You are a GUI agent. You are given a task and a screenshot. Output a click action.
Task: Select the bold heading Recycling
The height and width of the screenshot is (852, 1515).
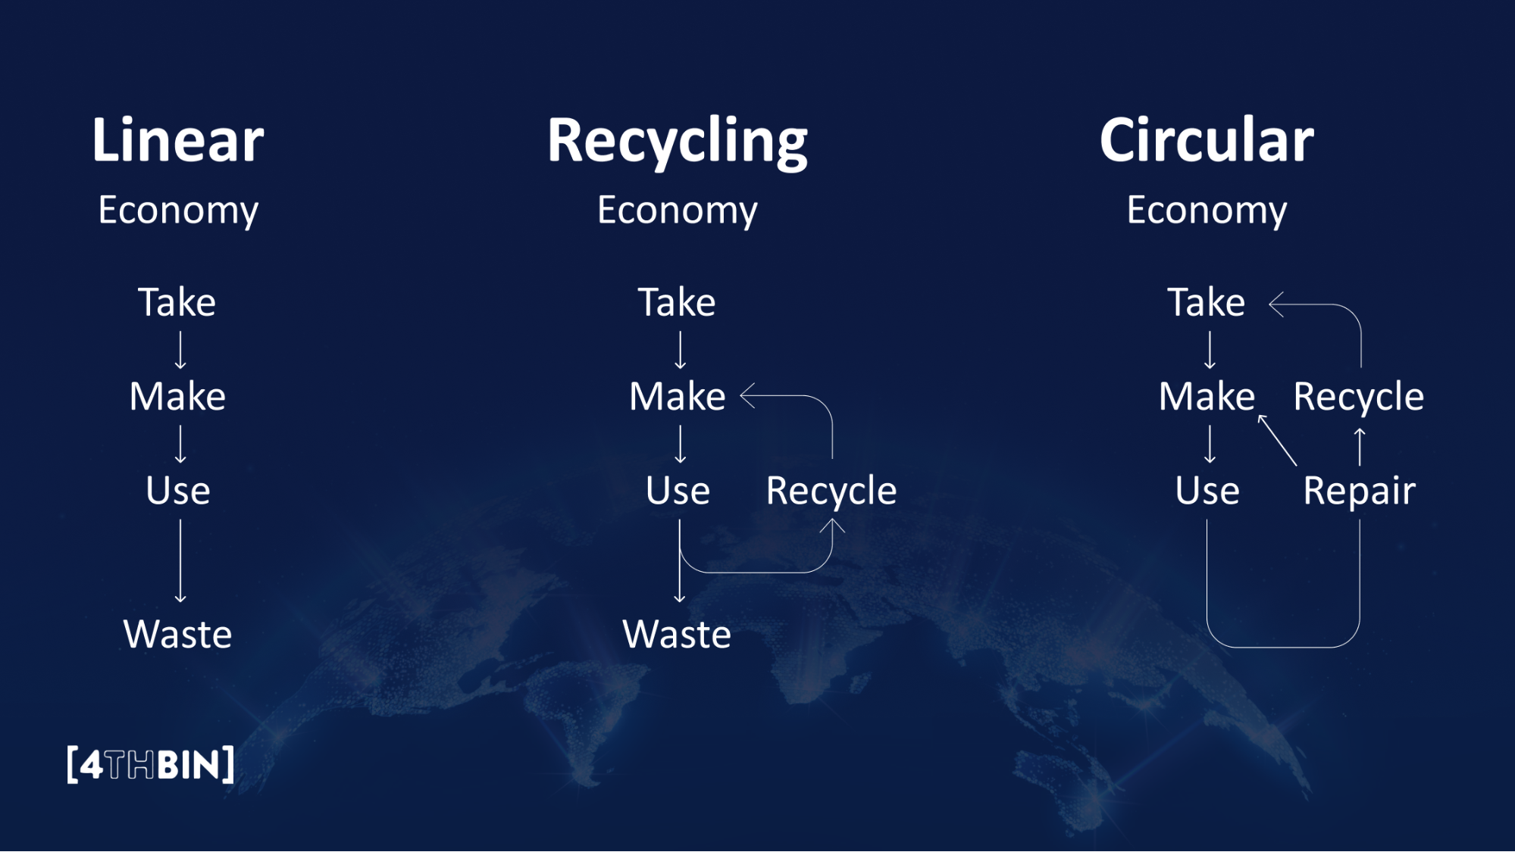tap(678, 142)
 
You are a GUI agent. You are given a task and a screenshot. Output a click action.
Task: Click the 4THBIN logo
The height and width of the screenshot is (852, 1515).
tap(151, 765)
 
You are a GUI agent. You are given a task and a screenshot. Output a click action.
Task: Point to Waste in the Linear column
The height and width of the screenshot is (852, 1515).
tap(178, 634)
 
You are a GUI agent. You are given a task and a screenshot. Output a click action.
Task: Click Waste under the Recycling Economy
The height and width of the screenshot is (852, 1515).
tap(677, 634)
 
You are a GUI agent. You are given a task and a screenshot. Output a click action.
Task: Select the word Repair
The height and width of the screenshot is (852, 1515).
tap(1359, 492)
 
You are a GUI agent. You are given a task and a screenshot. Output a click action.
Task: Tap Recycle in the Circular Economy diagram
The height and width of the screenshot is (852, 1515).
tap(1358, 397)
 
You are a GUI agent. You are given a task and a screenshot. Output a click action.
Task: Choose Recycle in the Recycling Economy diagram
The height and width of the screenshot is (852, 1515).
tap(831, 492)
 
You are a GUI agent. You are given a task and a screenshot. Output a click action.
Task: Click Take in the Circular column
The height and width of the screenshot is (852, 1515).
tap(1206, 302)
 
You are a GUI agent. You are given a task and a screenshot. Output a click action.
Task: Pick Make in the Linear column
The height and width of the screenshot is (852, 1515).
tap(178, 396)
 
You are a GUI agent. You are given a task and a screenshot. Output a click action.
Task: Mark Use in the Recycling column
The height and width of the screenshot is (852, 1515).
tap(678, 491)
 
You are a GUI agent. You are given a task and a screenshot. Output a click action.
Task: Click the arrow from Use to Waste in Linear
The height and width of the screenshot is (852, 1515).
tap(180, 560)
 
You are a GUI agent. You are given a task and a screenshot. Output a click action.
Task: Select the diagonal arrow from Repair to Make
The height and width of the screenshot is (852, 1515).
tap(1277, 440)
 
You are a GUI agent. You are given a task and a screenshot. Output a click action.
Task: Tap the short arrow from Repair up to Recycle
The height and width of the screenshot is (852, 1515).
tap(1360, 447)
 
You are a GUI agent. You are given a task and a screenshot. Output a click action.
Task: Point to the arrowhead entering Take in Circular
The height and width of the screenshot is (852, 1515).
tap(1276, 304)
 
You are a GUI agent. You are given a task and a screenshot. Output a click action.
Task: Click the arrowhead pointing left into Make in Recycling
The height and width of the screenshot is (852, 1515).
tap(747, 395)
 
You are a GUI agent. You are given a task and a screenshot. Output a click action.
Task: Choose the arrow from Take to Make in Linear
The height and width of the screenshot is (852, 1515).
tap(180, 350)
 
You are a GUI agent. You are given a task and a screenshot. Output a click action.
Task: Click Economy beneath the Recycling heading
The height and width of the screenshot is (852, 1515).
tap(677, 210)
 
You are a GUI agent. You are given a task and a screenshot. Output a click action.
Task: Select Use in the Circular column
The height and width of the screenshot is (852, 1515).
tap(1207, 491)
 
